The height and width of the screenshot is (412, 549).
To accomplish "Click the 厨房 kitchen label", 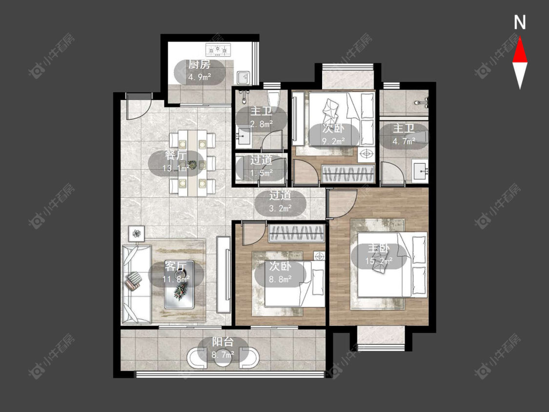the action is [x=199, y=64].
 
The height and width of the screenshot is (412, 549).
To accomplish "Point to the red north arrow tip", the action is [x=520, y=38].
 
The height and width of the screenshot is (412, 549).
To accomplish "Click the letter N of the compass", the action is [x=520, y=22].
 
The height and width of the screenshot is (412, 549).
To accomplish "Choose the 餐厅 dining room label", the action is [x=175, y=155].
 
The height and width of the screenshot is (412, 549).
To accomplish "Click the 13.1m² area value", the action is [x=176, y=168].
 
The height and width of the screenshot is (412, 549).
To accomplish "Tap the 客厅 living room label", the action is [x=175, y=266].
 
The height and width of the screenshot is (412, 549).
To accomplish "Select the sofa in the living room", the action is [x=137, y=284].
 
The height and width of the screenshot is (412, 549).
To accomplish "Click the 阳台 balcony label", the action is [x=223, y=342].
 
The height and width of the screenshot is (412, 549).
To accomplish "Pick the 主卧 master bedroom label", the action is [x=379, y=248].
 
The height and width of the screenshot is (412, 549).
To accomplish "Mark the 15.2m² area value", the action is [x=379, y=261].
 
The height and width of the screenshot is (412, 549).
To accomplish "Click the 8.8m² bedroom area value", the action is [x=281, y=279].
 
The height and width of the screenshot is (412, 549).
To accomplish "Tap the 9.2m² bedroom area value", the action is [x=333, y=141].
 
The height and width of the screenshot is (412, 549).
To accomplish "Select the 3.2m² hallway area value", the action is [x=281, y=208].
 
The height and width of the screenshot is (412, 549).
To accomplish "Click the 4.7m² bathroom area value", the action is [x=404, y=141].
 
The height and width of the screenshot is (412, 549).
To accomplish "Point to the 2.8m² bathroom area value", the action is [x=261, y=124].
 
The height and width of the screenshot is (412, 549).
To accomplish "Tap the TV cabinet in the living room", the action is [x=224, y=275].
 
